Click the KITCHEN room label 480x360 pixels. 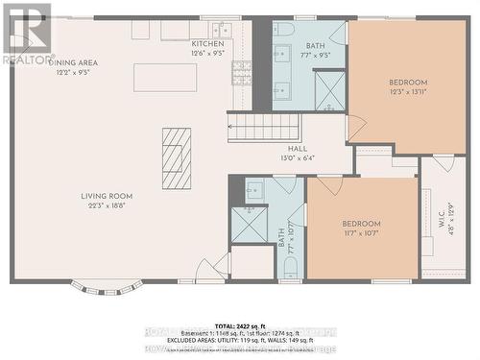(x=208, y=44)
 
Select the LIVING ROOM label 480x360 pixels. (x=107, y=196)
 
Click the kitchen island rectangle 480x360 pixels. (x=165, y=77)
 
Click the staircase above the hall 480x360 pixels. (x=264, y=127)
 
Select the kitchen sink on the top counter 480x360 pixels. (x=223, y=30)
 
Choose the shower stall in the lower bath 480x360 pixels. (x=250, y=224)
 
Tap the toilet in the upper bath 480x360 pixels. (x=284, y=30)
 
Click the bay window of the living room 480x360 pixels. (x=107, y=286)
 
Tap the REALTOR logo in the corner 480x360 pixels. (x=26, y=34)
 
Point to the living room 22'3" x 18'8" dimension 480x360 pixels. (x=107, y=205)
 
